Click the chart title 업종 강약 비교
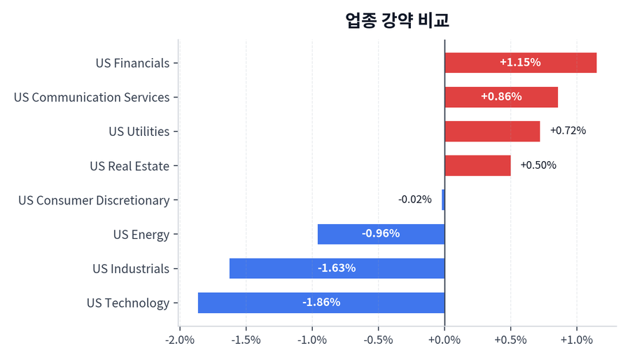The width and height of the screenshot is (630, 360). point(397,20)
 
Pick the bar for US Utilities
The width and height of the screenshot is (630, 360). point(491,131)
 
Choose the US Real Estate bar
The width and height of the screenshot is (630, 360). point(477,165)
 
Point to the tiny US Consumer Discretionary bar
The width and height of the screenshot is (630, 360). point(443,200)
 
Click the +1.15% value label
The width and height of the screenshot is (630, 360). point(520,62)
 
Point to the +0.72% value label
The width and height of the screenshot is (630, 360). point(568,131)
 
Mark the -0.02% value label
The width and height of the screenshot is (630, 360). point(415,200)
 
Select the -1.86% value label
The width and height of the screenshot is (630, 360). point(321,303)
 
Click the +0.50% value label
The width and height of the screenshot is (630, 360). point(538,165)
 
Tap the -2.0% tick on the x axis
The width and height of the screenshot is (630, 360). point(180,340)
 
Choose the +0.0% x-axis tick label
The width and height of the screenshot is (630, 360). point(444,340)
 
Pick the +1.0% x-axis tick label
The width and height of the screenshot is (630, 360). point(577,340)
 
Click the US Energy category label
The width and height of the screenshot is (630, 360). point(141,235)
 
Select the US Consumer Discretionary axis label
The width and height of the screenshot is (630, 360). point(94,200)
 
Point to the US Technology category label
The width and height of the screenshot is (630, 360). point(128,303)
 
